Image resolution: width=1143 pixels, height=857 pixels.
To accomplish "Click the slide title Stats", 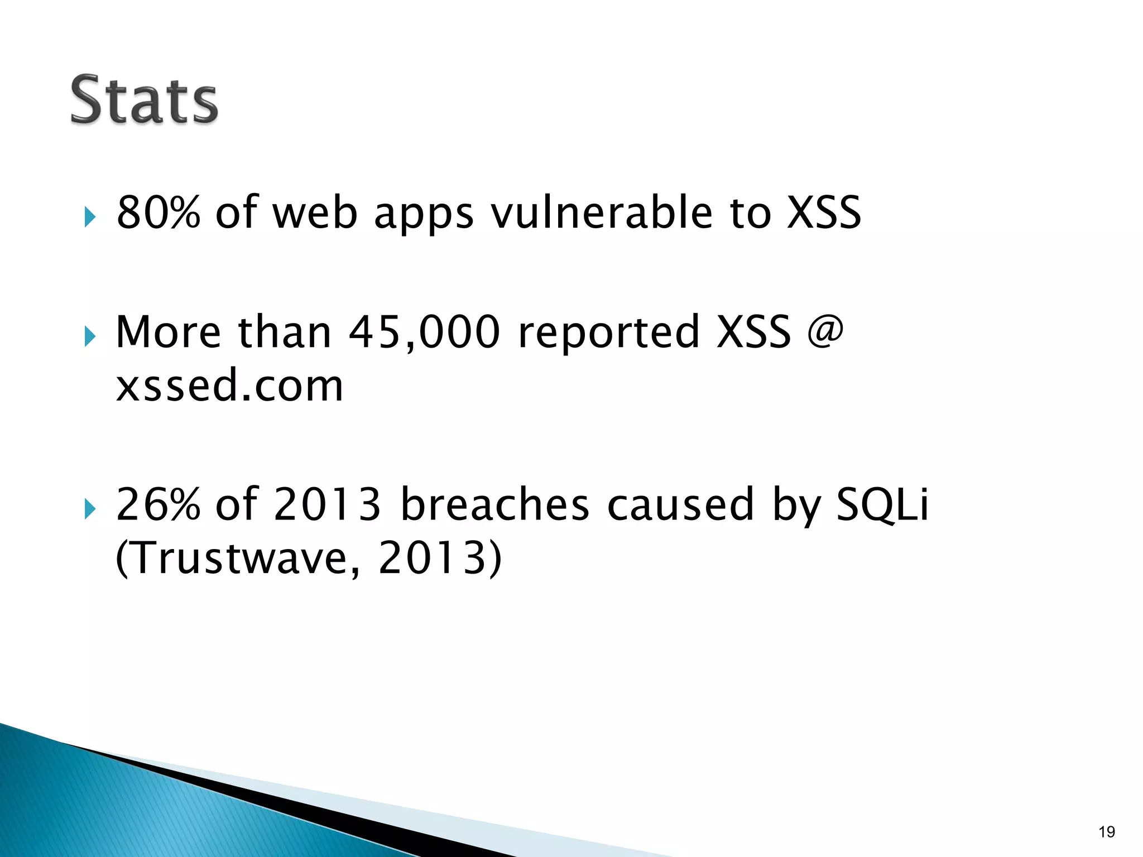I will tap(144, 100).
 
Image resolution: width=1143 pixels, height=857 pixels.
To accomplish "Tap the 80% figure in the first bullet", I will tap(158, 213).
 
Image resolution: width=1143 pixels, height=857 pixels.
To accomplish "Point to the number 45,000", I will tap(424, 333).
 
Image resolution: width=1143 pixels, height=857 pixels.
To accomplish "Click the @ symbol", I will tap(825, 331).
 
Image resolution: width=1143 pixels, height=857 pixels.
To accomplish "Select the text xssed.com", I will tap(229, 386).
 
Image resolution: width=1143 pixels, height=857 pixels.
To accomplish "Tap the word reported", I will tap(609, 334).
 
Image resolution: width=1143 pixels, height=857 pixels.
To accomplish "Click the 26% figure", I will tap(158, 504).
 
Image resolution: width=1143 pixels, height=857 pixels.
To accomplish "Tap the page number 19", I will tap(1106, 832).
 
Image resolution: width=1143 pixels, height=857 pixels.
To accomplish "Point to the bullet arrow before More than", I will tap(90, 336).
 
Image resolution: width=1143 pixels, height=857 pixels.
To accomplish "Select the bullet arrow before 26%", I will tap(90, 508).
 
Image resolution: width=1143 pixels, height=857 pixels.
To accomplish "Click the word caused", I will tap(680, 504).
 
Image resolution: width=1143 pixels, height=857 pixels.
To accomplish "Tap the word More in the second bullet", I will tap(168, 333).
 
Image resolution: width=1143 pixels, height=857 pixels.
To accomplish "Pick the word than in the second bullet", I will tap(285, 333).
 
